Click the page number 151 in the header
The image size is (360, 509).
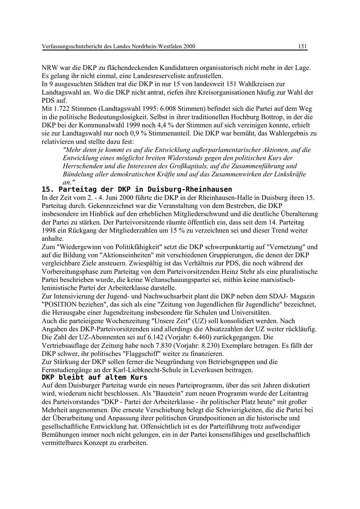click(x=302, y=46)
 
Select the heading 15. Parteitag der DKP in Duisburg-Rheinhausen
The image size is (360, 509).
click(x=137, y=189)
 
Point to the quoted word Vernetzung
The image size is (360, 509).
click(x=288, y=247)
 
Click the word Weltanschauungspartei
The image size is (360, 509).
click(x=192, y=279)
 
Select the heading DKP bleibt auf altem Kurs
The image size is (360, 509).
click(x=94, y=377)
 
